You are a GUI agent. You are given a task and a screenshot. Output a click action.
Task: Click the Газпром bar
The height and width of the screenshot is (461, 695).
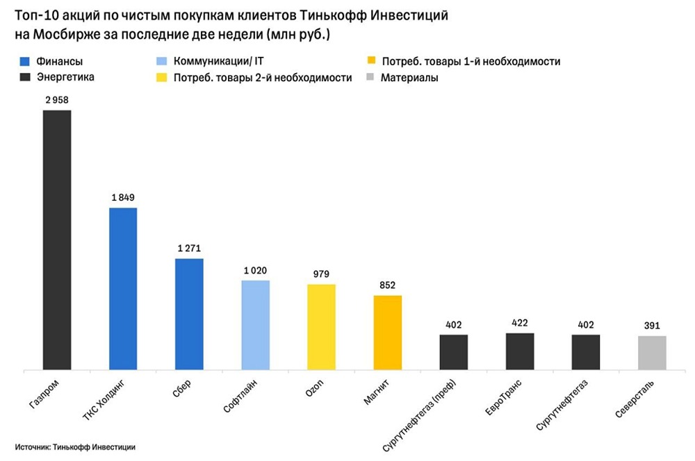click(x=57, y=240)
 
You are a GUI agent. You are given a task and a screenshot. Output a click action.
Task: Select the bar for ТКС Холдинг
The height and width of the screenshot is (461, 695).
click(x=123, y=289)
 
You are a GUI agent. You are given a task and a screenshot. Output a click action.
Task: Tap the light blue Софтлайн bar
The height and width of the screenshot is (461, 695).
click(x=255, y=325)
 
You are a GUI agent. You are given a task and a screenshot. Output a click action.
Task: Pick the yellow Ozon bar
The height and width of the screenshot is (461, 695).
click(x=321, y=327)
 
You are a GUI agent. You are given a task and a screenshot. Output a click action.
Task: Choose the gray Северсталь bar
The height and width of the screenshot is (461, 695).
click(x=652, y=353)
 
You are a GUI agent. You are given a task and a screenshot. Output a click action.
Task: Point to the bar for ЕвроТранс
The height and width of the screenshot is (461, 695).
click(x=520, y=351)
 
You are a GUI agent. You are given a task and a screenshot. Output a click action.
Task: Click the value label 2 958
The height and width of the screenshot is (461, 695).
click(x=57, y=100)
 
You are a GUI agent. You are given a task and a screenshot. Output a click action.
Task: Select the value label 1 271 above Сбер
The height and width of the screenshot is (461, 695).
click(x=189, y=248)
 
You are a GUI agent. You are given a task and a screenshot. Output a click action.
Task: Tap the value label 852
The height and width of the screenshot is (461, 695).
click(x=388, y=285)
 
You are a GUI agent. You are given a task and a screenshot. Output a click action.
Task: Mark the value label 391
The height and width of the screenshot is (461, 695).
click(x=652, y=325)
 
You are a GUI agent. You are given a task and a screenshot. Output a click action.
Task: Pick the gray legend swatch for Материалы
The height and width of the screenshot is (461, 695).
click(x=370, y=78)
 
